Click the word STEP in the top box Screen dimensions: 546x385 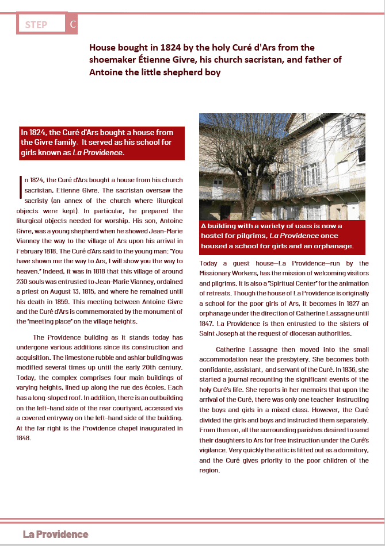[36, 25]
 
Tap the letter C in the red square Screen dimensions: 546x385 [72, 25]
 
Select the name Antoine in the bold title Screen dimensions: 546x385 [107, 72]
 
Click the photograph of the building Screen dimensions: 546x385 [282, 167]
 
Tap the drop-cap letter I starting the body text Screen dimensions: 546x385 [21, 184]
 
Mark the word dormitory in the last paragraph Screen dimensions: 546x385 [354, 450]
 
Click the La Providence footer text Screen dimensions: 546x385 [56, 535]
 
